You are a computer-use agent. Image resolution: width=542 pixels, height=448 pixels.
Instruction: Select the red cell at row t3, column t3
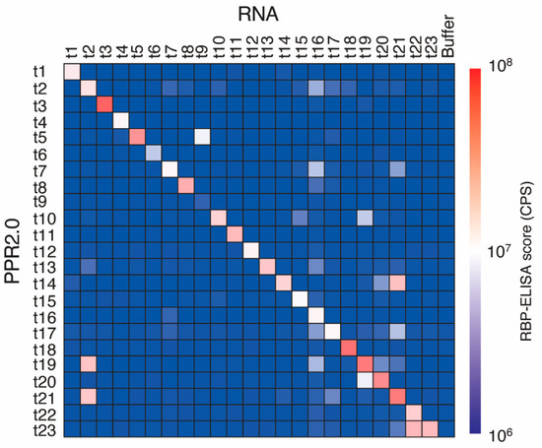[x=104, y=105]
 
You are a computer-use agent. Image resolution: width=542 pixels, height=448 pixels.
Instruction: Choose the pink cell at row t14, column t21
[x=397, y=283]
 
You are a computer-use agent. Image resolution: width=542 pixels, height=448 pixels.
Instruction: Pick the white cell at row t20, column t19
[x=365, y=379]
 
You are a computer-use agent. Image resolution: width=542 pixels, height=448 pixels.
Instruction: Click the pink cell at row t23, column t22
[x=413, y=427]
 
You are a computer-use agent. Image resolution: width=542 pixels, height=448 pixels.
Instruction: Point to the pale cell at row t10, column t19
[x=365, y=217]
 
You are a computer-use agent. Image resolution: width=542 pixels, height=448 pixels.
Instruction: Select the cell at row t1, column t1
[x=72, y=71]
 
